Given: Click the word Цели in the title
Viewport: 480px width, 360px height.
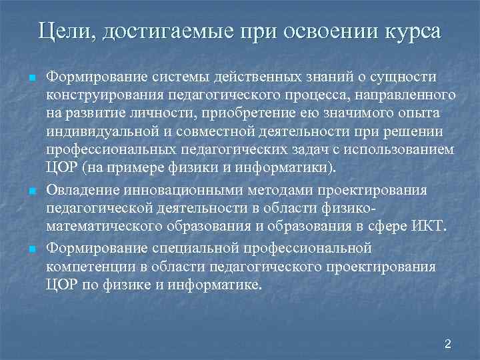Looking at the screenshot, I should coord(64,31).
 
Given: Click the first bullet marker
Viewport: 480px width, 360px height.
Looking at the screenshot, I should coord(32,79).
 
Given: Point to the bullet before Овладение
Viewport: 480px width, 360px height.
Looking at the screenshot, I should coord(32,192).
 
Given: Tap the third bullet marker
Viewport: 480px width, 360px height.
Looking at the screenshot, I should coord(32,249).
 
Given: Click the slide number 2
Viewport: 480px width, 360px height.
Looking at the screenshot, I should coord(448,344).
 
